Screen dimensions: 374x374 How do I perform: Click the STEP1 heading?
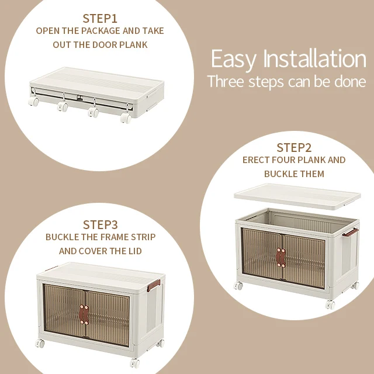point(100,18)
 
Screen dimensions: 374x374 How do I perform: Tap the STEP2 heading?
point(294,148)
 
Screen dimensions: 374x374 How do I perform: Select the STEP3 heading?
point(100,224)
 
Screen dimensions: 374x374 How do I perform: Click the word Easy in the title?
point(234,59)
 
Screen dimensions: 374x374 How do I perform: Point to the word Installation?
point(314,58)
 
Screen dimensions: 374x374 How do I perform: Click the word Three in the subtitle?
point(226,81)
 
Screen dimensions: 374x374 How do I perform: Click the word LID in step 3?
point(135,251)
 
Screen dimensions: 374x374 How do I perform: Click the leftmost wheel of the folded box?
point(34,101)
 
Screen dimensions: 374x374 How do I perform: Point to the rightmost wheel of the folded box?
point(126,117)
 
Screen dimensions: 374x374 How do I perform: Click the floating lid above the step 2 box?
point(297,196)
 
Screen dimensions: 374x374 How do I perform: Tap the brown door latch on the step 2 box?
point(280,258)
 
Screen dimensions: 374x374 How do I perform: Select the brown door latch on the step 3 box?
point(84,314)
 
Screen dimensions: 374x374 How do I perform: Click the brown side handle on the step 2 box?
point(350,232)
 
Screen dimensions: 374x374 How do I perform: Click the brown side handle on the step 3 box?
point(153,285)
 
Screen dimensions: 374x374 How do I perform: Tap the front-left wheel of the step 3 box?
point(40,343)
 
